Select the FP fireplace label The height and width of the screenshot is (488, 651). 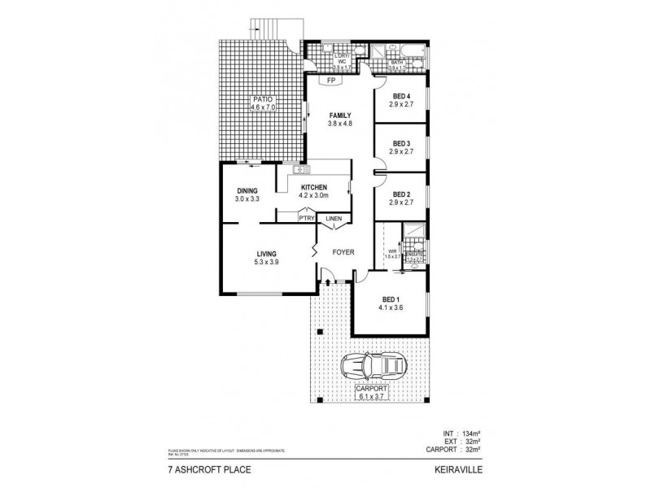pos(330,81)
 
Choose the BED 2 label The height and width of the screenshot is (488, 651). pos(400,194)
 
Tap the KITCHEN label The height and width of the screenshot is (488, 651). pos(312,187)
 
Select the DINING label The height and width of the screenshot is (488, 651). pos(246,191)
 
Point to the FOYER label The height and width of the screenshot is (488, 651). pos(343,251)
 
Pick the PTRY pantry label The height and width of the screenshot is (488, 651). pos(306,218)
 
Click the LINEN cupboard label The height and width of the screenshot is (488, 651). pos(334,218)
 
